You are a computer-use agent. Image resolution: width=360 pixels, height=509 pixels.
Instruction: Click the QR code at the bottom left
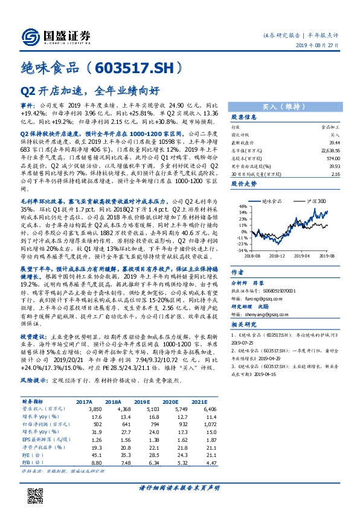31,479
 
